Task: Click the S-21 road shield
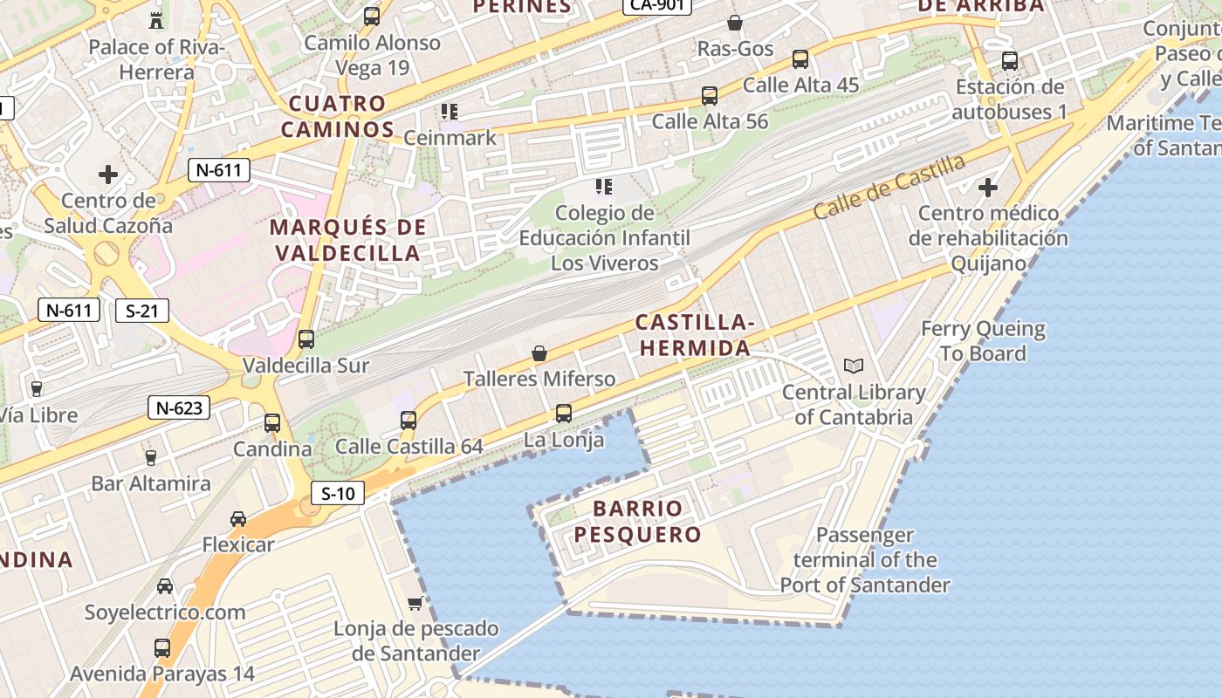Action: (141, 310)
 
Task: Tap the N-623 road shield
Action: (179, 407)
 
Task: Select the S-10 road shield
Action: (338, 493)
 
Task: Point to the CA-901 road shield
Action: (656, 4)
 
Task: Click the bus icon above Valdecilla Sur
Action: (306, 339)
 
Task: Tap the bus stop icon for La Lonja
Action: (564, 414)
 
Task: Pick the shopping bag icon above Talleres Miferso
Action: (539, 353)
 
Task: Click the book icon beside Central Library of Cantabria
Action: (853, 366)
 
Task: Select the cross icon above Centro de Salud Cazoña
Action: (108, 174)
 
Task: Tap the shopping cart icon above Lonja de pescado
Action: (415, 603)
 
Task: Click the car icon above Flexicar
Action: (238, 519)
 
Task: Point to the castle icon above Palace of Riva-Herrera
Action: (157, 20)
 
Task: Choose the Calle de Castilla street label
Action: (889, 188)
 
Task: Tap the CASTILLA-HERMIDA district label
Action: (694, 335)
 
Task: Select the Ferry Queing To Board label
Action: (983, 341)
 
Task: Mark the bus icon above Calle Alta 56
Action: (710, 96)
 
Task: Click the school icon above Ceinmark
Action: (450, 112)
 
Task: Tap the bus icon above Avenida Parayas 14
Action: (162, 648)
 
